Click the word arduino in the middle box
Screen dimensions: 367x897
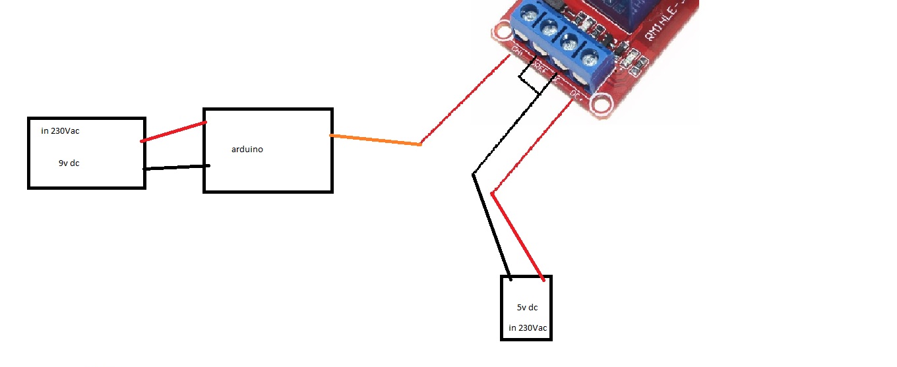[247, 150]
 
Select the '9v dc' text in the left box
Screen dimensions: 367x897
[69, 163]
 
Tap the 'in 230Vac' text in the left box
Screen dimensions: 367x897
[60, 131]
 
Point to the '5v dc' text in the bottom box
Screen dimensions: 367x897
[528, 307]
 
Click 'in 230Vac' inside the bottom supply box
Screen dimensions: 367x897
[528, 328]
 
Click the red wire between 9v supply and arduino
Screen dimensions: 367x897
[173, 132]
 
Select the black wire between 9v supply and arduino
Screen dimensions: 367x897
[176, 167]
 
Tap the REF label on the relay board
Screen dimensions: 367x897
[541, 66]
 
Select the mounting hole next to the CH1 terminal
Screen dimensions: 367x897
[500, 34]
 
